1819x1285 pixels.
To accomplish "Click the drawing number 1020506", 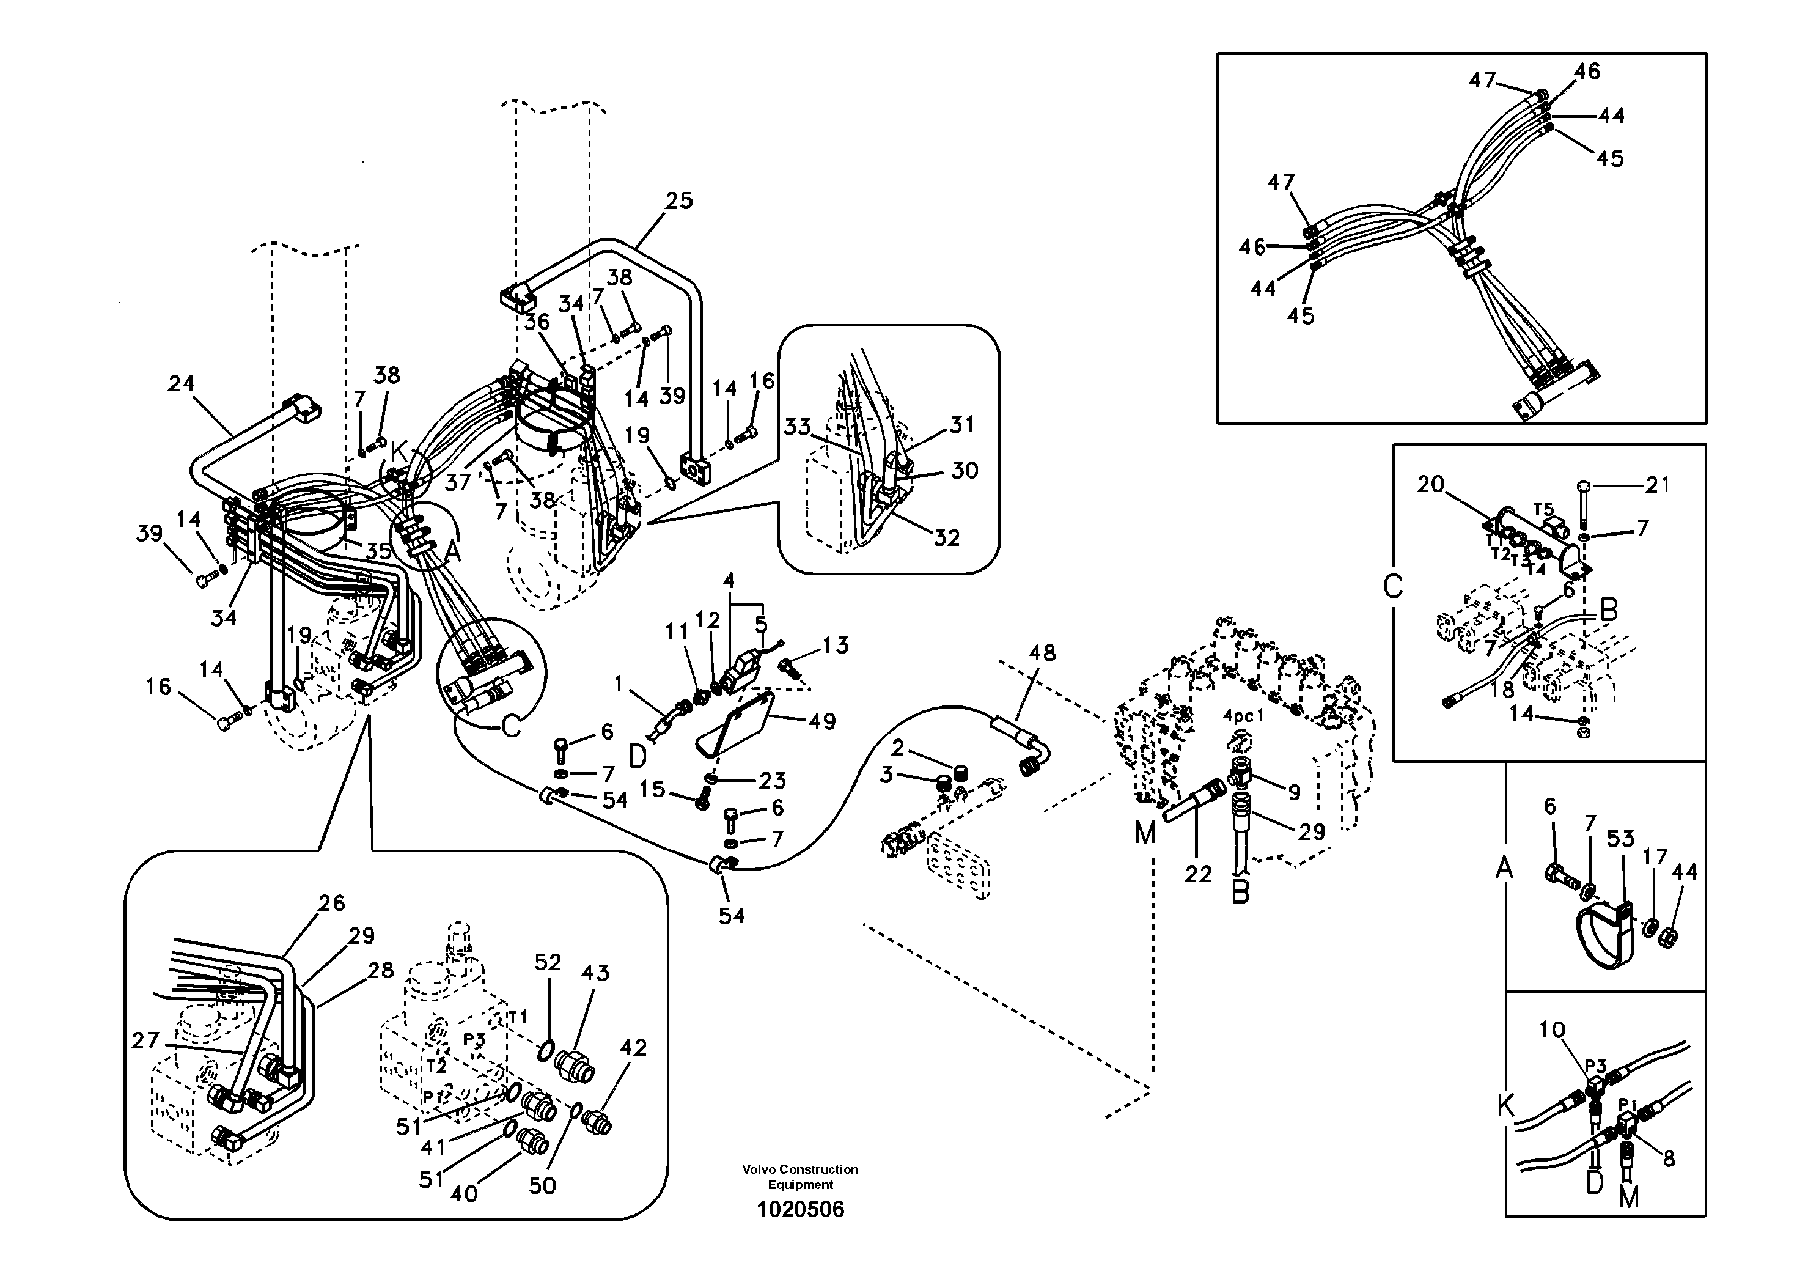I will coord(800,1210).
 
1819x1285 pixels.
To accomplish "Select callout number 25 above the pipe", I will coord(678,201).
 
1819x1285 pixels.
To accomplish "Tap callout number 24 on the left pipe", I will coord(181,383).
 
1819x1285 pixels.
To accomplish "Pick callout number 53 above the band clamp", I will coord(1621,838).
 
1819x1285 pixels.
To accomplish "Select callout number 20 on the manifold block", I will coord(1431,484).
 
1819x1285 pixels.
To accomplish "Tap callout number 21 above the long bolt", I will coord(1658,484).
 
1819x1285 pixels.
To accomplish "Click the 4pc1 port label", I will coord(1242,716).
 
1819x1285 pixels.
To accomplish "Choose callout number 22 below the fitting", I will coord(1198,875).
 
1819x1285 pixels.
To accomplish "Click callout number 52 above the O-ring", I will coord(548,963).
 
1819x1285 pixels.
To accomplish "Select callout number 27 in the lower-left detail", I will coord(145,1040).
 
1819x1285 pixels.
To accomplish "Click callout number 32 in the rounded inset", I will coord(947,538).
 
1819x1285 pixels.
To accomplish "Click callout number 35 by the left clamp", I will coord(379,551).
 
